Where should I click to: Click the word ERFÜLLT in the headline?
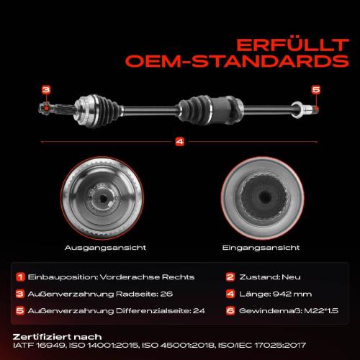coord(292,45)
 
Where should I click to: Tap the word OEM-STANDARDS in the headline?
coord(237,61)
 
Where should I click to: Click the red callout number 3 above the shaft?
coord(46,90)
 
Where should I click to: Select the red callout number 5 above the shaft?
coord(316,90)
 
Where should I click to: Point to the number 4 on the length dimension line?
coord(180,142)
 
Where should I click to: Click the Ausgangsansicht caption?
coord(105,248)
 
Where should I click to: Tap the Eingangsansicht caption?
coord(261,248)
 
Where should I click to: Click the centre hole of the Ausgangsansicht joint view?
coord(103,199)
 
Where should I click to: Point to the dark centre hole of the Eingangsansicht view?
coord(265,197)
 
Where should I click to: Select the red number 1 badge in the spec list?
coord(20,277)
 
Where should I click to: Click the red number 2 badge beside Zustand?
coord(230,277)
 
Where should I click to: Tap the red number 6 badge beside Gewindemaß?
coord(230,311)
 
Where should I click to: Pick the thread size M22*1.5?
coord(321,311)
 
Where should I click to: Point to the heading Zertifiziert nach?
coord(57,337)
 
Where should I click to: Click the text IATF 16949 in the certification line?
coord(40,346)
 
